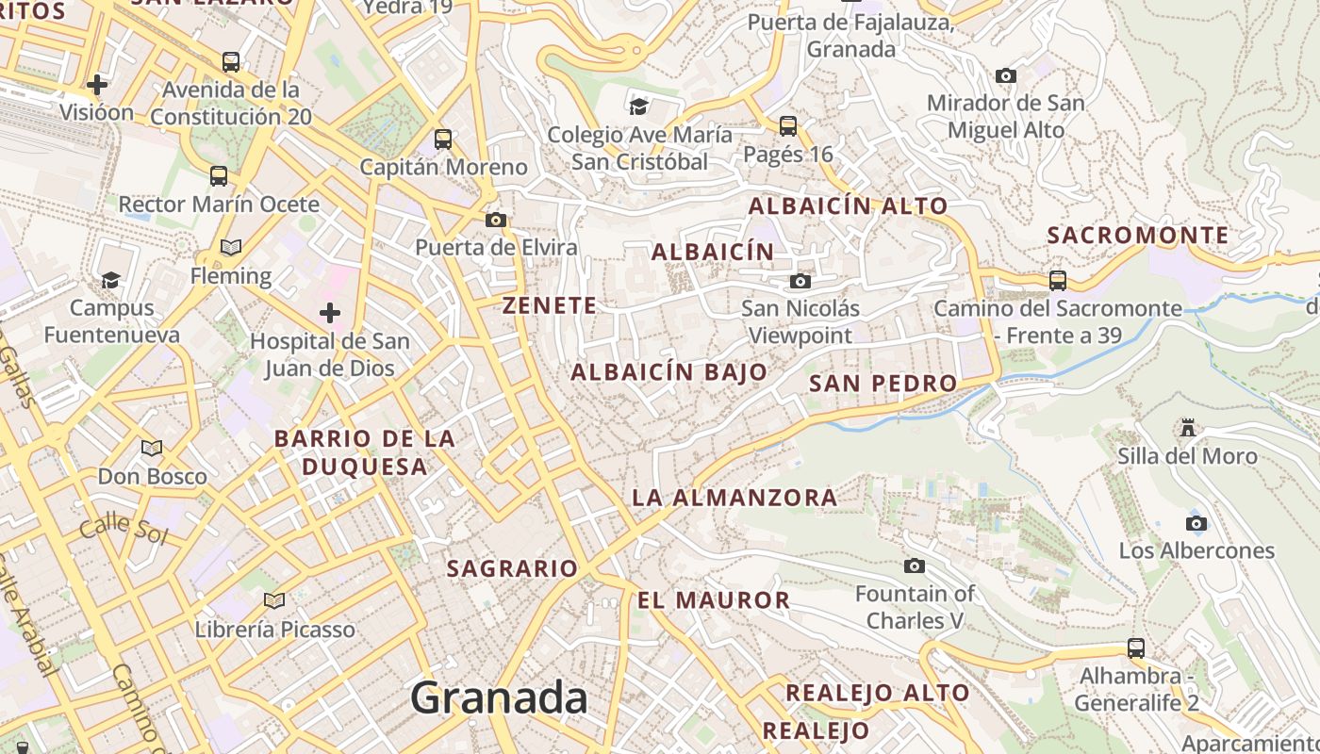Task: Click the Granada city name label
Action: pyautogui.click(x=499, y=698)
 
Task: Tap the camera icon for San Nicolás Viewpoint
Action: pyautogui.click(x=800, y=281)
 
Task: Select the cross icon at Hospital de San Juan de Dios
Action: pyautogui.click(x=330, y=312)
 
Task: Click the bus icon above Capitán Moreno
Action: pyautogui.click(x=443, y=139)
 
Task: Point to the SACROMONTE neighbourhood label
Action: pyautogui.click(x=1138, y=236)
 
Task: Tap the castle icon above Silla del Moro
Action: pyautogui.click(x=1188, y=428)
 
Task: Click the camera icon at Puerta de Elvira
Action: pyautogui.click(x=496, y=221)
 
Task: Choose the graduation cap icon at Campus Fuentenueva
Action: pyautogui.click(x=111, y=280)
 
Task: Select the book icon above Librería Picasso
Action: pyautogui.click(x=274, y=600)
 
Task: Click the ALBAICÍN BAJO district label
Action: pyautogui.click(x=669, y=372)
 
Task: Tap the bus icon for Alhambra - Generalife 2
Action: pyautogui.click(x=1136, y=648)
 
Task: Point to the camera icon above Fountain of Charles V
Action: pyautogui.click(x=914, y=565)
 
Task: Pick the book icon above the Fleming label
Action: pyautogui.click(x=231, y=248)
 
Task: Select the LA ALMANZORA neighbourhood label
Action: pyautogui.click(x=734, y=498)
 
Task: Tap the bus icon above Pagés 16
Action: pyautogui.click(x=788, y=125)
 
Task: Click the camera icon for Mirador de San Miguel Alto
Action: pyautogui.click(x=1006, y=75)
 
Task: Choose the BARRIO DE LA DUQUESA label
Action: pyautogui.click(x=364, y=452)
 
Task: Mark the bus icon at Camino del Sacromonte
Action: pyautogui.click(x=1058, y=280)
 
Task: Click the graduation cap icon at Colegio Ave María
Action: pyautogui.click(x=639, y=106)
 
